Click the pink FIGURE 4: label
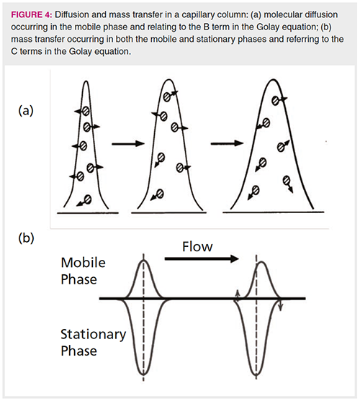(x=31, y=15)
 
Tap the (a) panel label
(x=26, y=111)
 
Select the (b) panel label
(x=26, y=238)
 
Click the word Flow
(x=197, y=247)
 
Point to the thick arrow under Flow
(x=202, y=258)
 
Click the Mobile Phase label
(x=83, y=271)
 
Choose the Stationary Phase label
(x=94, y=342)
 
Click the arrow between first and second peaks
(x=128, y=144)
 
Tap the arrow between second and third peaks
(x=227, y=143)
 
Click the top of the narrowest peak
(x=86, y=81)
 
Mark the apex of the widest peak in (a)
(x=273, y=80)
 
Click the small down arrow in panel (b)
(x=281, y=305)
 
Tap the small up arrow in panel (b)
(x=238, y=296)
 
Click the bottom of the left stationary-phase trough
(x=143, y=374)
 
